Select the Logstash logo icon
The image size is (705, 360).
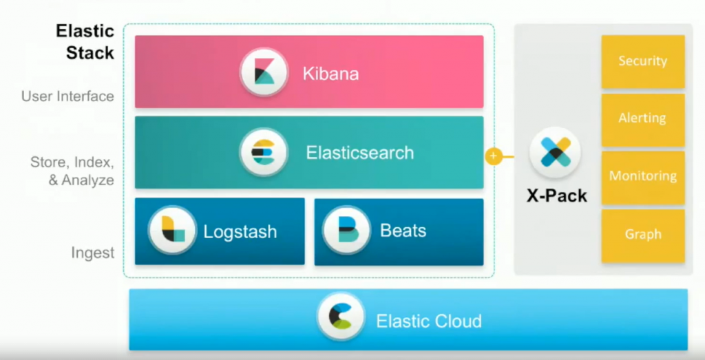pos(173,230)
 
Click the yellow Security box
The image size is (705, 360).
pos(642,61)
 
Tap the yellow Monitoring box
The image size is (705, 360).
pos(642,177)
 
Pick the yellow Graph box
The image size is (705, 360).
pos(642,235)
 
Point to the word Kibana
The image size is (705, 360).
pos(330,74)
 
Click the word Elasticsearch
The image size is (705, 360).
pos(360,152)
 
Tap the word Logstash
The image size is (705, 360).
pos(240,231)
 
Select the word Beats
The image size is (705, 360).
pos(403,230)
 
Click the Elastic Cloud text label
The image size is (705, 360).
pos(428,321)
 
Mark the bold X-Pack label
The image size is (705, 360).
pos(557,196)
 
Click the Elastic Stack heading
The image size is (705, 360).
pos(85,41)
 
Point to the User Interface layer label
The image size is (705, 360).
pos(67,96)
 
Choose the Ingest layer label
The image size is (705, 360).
pos(93,253)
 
